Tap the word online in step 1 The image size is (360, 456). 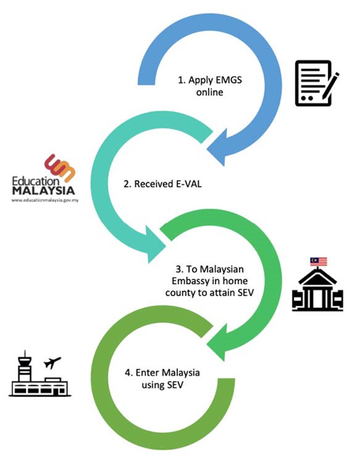tap(210, 92)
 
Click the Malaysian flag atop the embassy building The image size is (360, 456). tap(318, 261)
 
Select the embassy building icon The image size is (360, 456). tap(317, 290)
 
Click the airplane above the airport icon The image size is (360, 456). tap(51, 362)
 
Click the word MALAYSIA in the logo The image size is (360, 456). tap(42, 191)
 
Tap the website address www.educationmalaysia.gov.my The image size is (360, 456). tap(42, 200)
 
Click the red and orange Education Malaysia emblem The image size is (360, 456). tap(59, 167)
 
